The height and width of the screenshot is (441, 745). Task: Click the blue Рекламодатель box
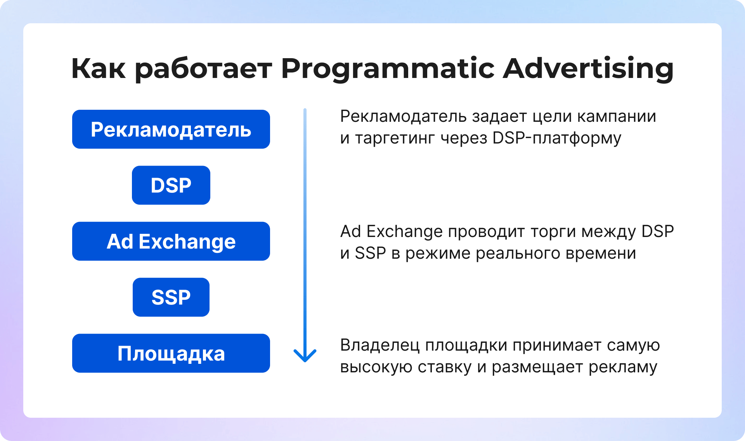point(171,129)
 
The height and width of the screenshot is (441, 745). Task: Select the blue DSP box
point(171,185)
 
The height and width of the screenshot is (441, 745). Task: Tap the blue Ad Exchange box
point(171,241)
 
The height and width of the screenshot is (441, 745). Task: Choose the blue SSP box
point(171,297)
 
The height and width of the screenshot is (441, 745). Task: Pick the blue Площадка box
point(171,353)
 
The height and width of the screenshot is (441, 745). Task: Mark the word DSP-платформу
point(557,138)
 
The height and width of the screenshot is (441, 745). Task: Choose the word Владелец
point(380,345)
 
